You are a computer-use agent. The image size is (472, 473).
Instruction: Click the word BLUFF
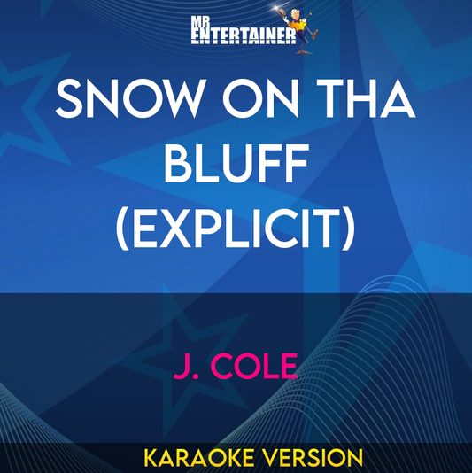[x=236, y=167]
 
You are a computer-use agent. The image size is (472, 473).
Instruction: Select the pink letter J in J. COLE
[x=182, y=366]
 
